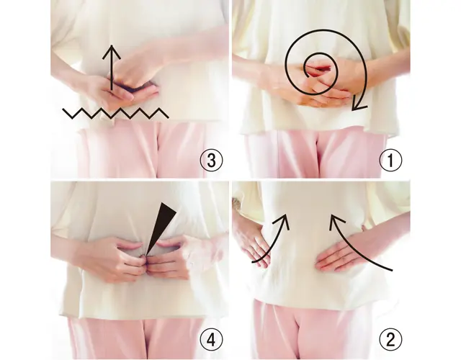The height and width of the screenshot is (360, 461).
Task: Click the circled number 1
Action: click(x=390, y=160)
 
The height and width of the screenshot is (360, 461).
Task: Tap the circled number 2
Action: click(x=390, y=340)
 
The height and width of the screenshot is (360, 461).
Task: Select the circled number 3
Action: click(x=211, y=160)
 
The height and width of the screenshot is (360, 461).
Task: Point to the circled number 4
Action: click(x=211, y=340)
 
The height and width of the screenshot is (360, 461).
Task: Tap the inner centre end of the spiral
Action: click(x=308, y=77)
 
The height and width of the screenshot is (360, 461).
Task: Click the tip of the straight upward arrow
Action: click(x=112, y=45)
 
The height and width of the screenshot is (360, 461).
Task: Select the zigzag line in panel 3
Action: click(x=115, y=113)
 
